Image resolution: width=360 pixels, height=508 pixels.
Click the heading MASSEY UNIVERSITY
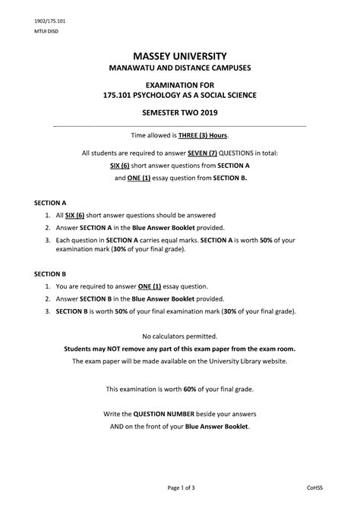click(x=180, y=56)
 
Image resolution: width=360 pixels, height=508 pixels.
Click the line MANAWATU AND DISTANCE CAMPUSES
click(x=180, y=69)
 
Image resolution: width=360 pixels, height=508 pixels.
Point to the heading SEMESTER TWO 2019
click(x=180, y=112)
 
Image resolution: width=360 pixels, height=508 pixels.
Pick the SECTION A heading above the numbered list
click(x=51, y=204)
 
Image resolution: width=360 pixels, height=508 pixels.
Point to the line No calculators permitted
click(x=180, y=336)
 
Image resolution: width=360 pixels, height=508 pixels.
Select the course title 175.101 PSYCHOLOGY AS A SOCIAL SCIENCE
click(x=180, y=95)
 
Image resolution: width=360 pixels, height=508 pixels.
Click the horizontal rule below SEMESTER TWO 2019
click(x=180, y=125)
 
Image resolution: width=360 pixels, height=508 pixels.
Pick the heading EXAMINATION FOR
click(x=180, y=83)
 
